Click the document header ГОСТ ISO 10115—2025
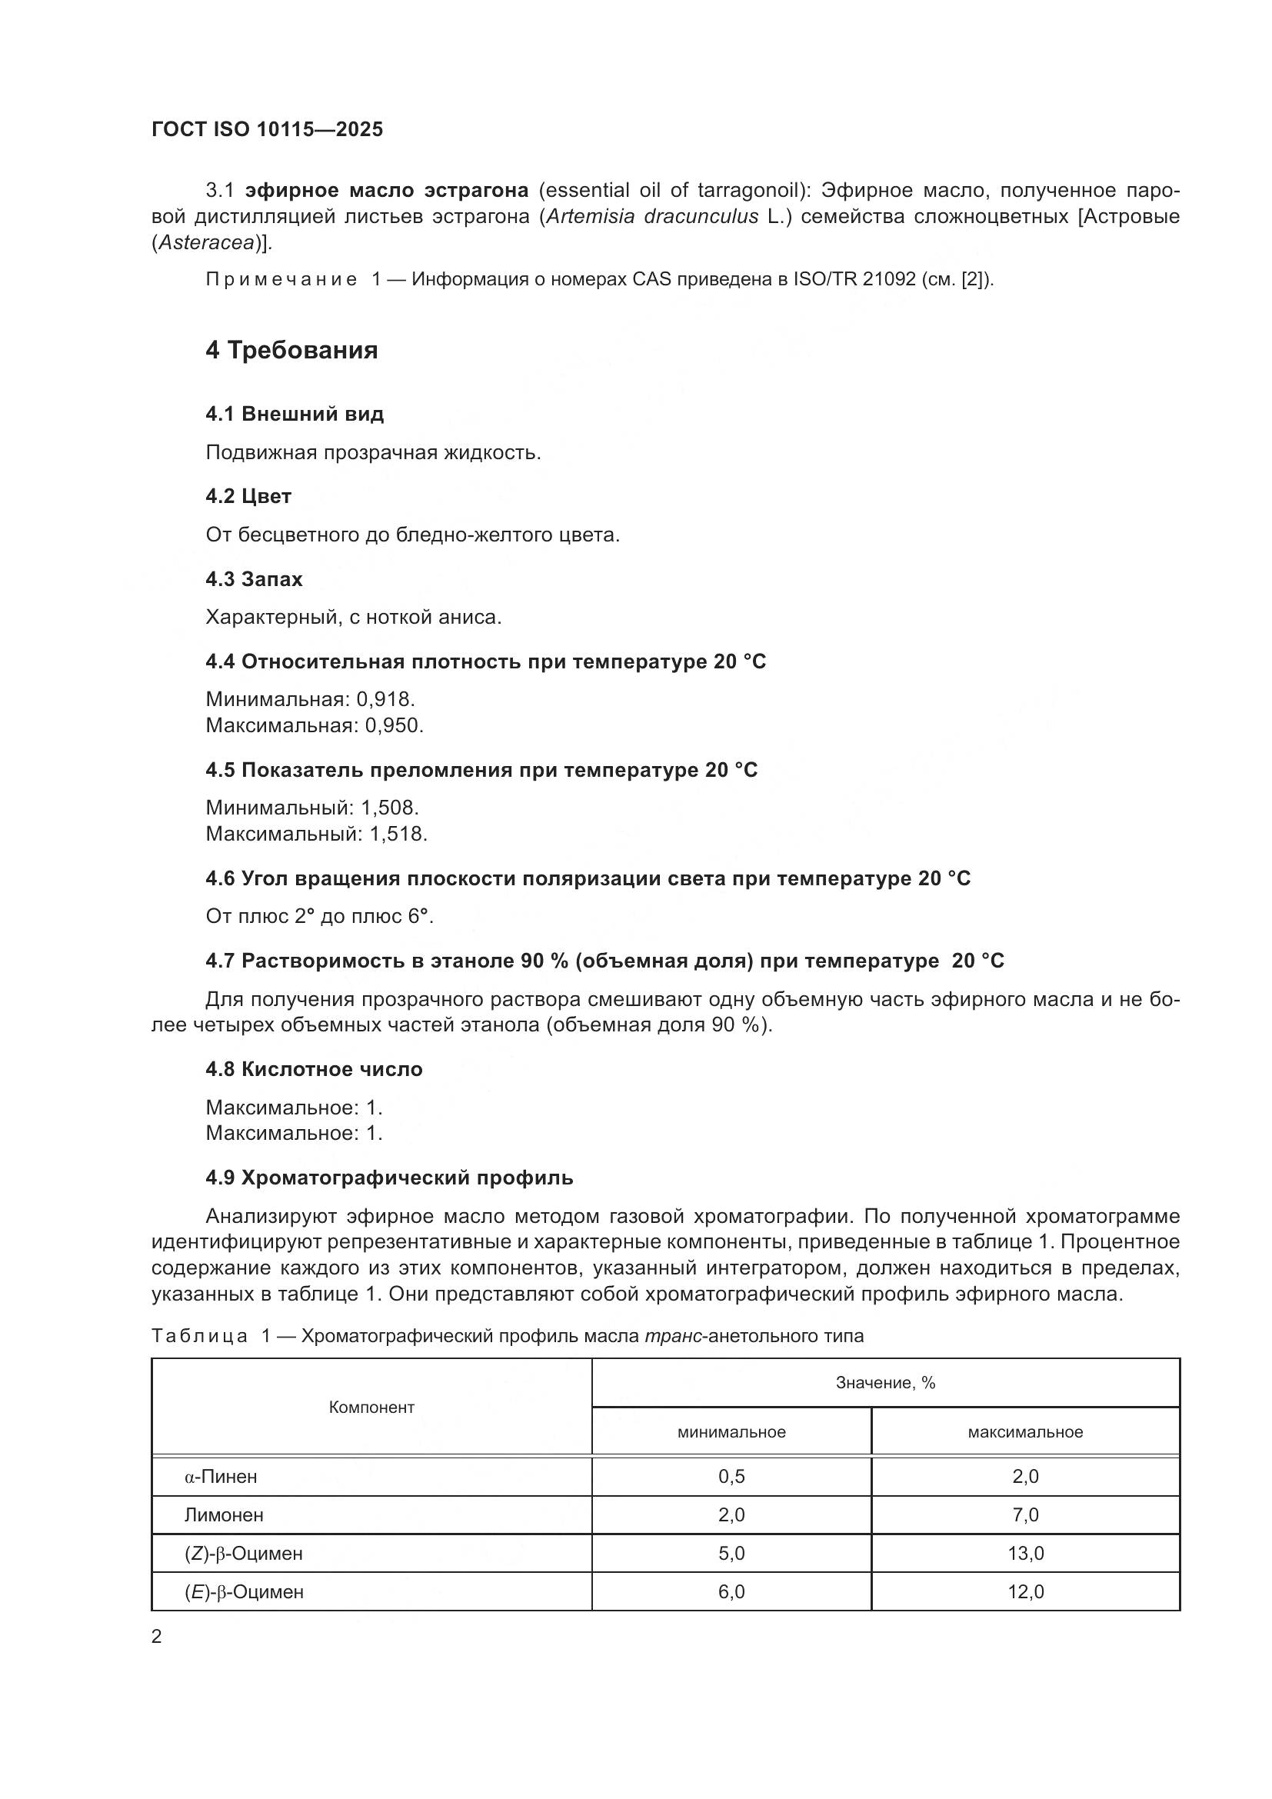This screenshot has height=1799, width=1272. click(267, 129)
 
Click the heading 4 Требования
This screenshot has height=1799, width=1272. click(291, 350)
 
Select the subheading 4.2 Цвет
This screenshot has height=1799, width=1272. click(248, 496)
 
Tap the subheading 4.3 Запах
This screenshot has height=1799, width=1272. click(254, 579)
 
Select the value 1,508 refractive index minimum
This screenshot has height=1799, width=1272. click(389, 808)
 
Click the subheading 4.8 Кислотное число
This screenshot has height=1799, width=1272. click(313, 1070)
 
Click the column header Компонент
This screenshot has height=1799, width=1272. click(371, 1408)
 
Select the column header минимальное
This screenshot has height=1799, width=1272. click(731, 1432)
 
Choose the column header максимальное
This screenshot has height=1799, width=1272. click(1024, 1432)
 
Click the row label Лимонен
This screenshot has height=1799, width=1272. click(224, 1514)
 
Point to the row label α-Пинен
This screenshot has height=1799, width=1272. click(221, 1476)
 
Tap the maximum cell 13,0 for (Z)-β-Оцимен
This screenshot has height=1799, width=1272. click(1024, 1553)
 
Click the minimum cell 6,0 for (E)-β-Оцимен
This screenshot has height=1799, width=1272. click(731, 1591)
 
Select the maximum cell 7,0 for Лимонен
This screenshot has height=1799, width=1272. click(1024, 1514)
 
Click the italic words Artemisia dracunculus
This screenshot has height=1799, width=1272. click(651, 217)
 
